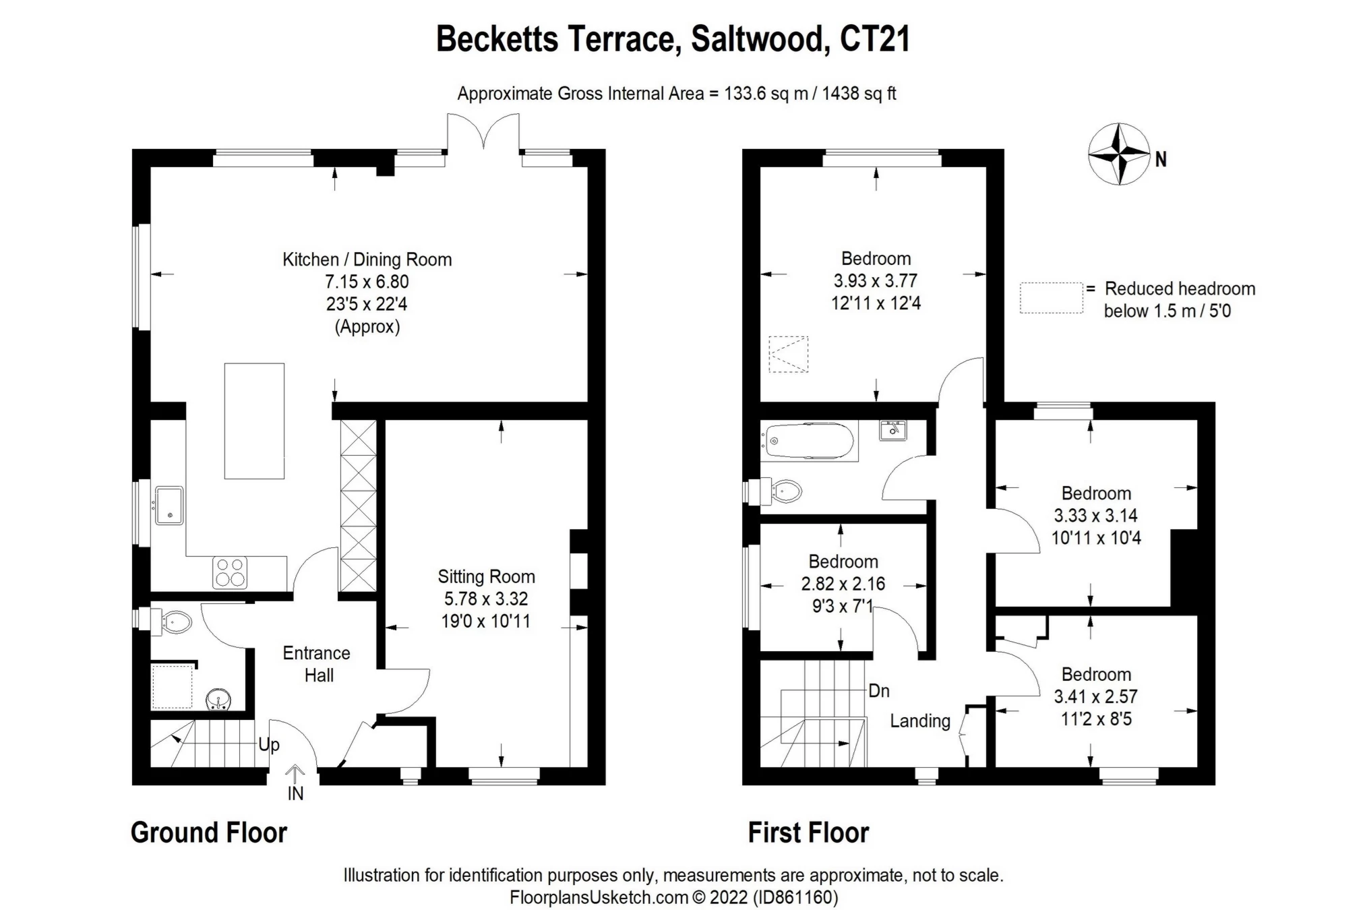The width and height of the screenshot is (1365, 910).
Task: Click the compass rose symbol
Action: (1118, 154)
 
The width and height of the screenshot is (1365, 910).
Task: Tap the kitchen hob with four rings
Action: (230, 572)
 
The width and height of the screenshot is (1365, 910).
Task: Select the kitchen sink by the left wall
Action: (169, 506)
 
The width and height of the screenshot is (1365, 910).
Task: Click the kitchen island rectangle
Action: (254, 421)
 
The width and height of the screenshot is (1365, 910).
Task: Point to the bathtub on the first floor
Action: (808, 442)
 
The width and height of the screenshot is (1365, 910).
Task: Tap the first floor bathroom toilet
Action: (785, 491)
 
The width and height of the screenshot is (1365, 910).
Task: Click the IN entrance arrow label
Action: (295, 793)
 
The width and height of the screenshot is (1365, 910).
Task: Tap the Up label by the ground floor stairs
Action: (269, 745)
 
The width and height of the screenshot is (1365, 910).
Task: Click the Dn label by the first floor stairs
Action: (878, 691)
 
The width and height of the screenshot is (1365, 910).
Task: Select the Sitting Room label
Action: (486, 577)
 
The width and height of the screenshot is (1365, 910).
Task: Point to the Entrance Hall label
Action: (317, 664)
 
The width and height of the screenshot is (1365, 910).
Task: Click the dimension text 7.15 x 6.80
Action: (367, 282)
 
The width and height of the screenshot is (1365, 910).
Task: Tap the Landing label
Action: (919, 721)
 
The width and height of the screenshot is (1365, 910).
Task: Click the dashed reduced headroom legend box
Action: (1050, 298)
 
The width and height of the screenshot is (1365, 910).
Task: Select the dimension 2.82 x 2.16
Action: (843, 584)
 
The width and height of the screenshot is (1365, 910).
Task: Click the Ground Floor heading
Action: (208, 833)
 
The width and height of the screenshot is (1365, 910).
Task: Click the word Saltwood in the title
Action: (758, 39)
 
